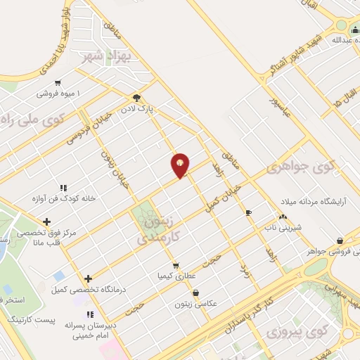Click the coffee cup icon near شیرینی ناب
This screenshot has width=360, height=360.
click(248, 212)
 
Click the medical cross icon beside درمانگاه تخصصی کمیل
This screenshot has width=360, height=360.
click(88, 278)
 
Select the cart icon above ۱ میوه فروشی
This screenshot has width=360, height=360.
click(58, 82)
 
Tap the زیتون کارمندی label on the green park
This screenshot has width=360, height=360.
click(155, 228)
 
